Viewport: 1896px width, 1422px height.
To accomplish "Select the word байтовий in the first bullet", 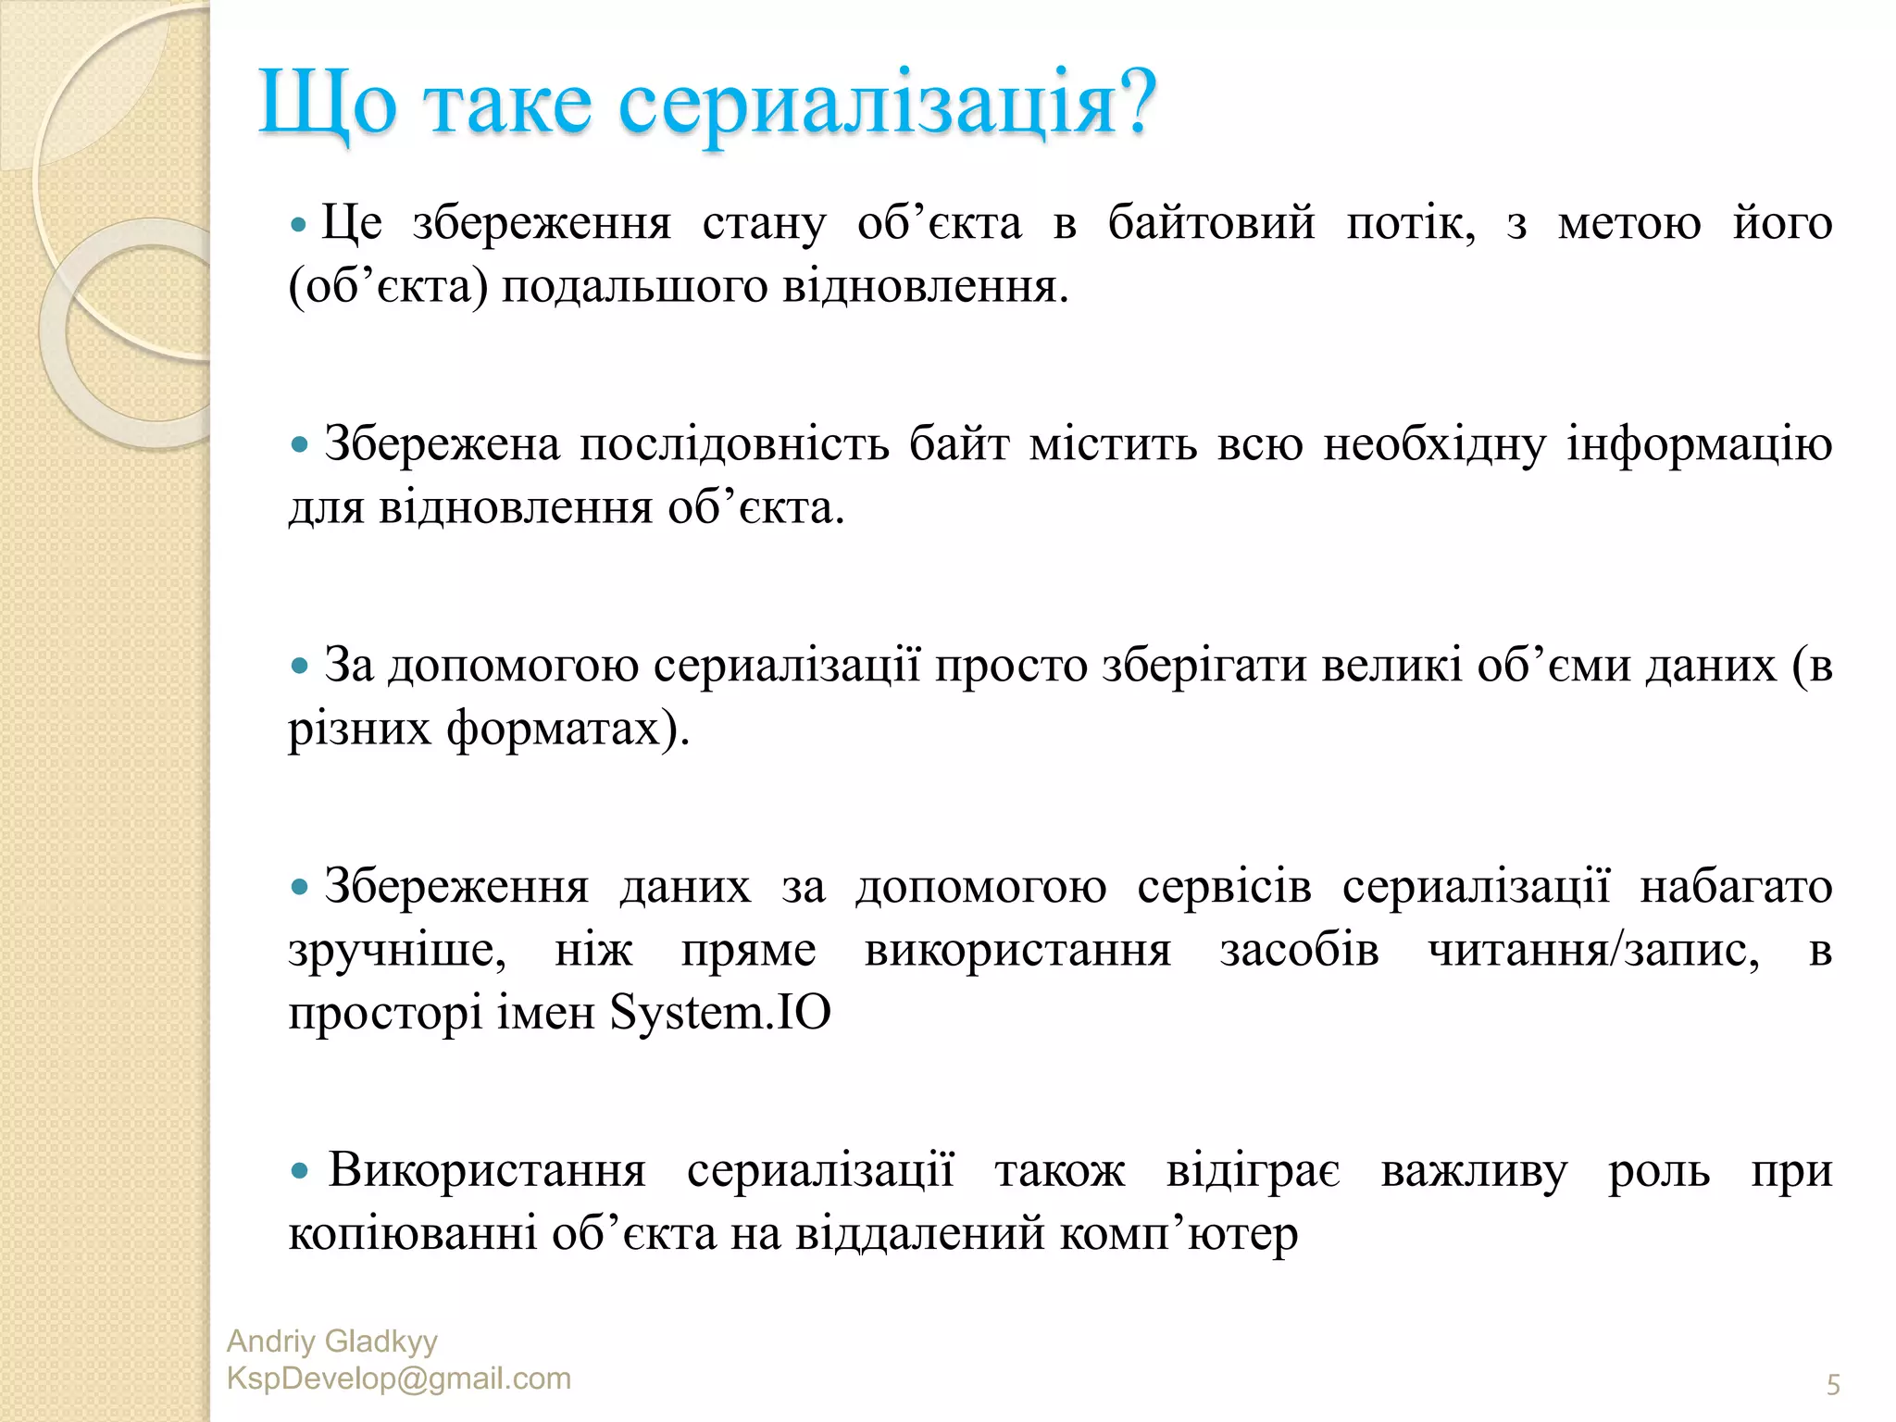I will (x=1211, y=224).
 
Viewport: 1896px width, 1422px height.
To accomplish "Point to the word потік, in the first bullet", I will (x=1410, y=224).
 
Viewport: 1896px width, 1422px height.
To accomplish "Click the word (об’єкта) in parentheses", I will (x=388, y=287).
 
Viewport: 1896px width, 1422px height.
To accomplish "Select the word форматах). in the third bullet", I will (x=568, y=729).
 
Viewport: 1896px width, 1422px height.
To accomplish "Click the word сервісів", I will (x=1224, y=887).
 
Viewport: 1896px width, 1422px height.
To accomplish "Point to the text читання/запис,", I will (x=1593, y=951).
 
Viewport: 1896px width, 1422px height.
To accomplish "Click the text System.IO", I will (x=720, y=1013).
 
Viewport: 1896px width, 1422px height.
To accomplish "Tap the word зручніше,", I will (x=397, y=951).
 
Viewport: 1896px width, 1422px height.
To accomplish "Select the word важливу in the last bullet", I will (x=1474, y=1171).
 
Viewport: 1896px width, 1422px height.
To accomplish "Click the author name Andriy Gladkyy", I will (x=331, y=1341).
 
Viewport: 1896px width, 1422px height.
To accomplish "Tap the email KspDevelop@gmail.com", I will (x=398, y=1378).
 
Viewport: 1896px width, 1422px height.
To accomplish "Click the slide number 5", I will (x=1832, y=1385).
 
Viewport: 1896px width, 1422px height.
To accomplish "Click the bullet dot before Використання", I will (x=299, y=1171).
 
